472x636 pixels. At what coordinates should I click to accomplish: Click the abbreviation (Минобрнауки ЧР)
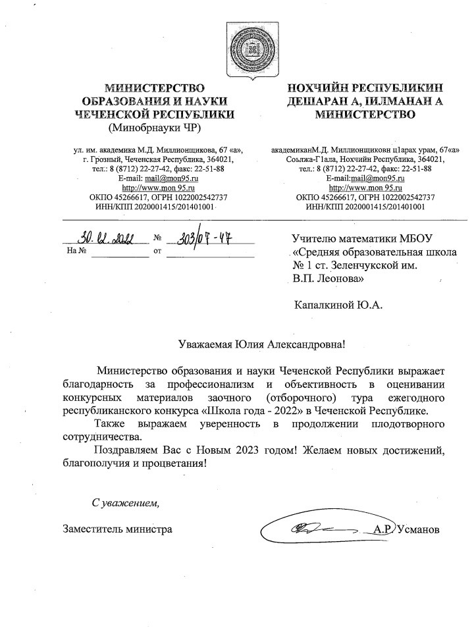pyautogui.click(x=155, y=128)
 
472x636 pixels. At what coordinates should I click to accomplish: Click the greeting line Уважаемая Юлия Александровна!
pyautogui.click(x=261, y=344)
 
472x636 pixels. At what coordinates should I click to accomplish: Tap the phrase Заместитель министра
pyautogui.click(x=118, y=529)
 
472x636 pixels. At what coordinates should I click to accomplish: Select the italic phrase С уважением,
pyautogui.click(x=125, y=504)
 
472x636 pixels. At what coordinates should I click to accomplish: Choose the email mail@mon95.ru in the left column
pyautogui.click(x=172, y=178)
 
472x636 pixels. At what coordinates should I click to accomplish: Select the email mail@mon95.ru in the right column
pyautogui.click(x=377, y=178)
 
